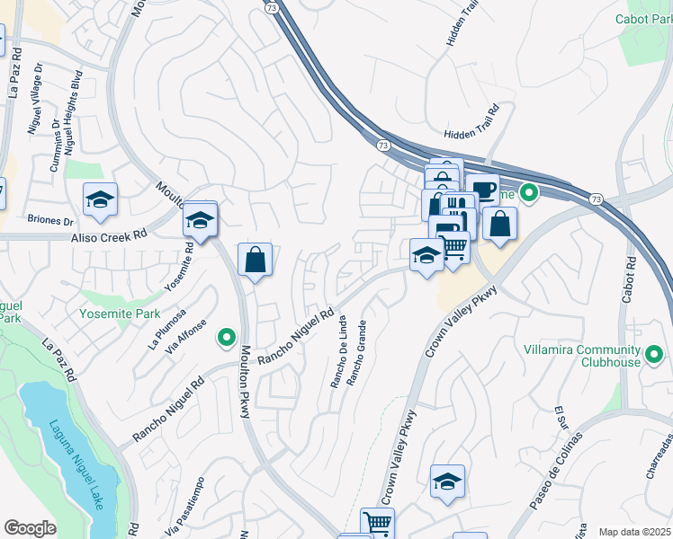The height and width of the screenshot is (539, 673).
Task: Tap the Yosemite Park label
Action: tap(119, 314)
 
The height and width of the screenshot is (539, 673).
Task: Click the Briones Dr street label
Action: tap(50, 220)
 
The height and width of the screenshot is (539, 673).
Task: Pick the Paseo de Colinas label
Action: tap(555, 471)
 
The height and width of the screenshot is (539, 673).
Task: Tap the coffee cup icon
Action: tap(482, 190)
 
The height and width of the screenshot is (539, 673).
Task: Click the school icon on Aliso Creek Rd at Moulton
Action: tap(200, 219)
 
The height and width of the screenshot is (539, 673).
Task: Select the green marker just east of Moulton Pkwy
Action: tap(227, 338)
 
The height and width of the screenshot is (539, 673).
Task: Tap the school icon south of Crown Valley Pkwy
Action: tap(447, 482)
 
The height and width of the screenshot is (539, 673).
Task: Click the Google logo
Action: tap(30, 527)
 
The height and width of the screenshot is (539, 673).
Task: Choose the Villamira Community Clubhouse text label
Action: tap(582, 356)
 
